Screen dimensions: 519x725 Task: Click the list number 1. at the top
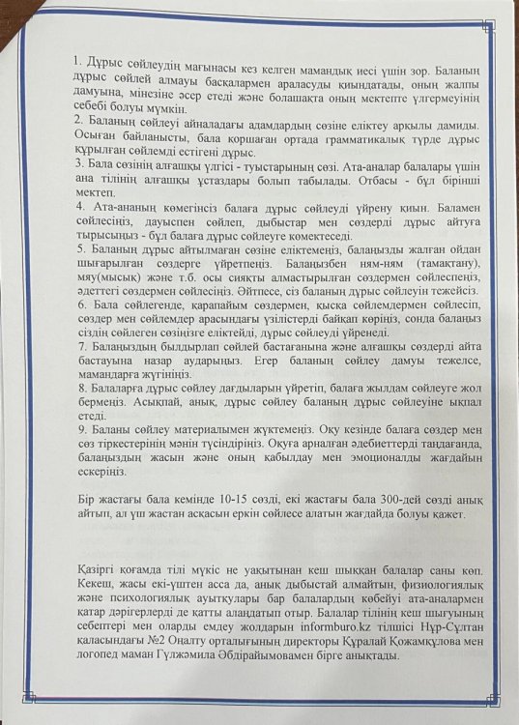78,62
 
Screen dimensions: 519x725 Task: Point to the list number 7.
78,343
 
